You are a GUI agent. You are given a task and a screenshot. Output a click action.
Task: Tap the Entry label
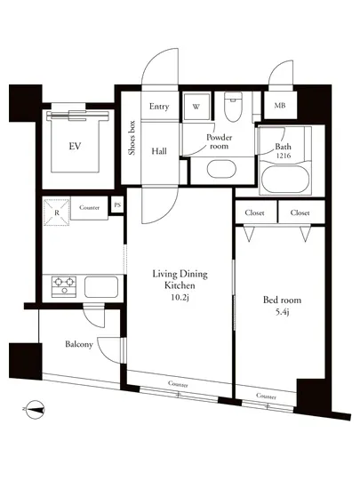(x=159, y=107)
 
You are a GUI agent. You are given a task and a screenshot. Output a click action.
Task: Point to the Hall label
(x=159, y=151)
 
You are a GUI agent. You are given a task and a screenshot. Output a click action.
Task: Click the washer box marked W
(x=196, y=107)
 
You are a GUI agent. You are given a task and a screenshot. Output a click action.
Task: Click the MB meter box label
(x=280, y=107)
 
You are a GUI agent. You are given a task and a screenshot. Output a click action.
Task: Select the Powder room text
(x=219, y=142)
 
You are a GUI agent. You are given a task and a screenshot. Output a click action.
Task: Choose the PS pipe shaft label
(x=117, y=206)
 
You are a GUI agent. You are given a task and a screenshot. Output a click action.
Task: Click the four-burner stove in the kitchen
(x=64, y=286)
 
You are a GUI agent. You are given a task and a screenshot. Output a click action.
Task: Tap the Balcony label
(x=78, y=344)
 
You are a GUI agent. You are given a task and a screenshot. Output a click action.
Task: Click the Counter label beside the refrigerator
(x=89, y=207)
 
